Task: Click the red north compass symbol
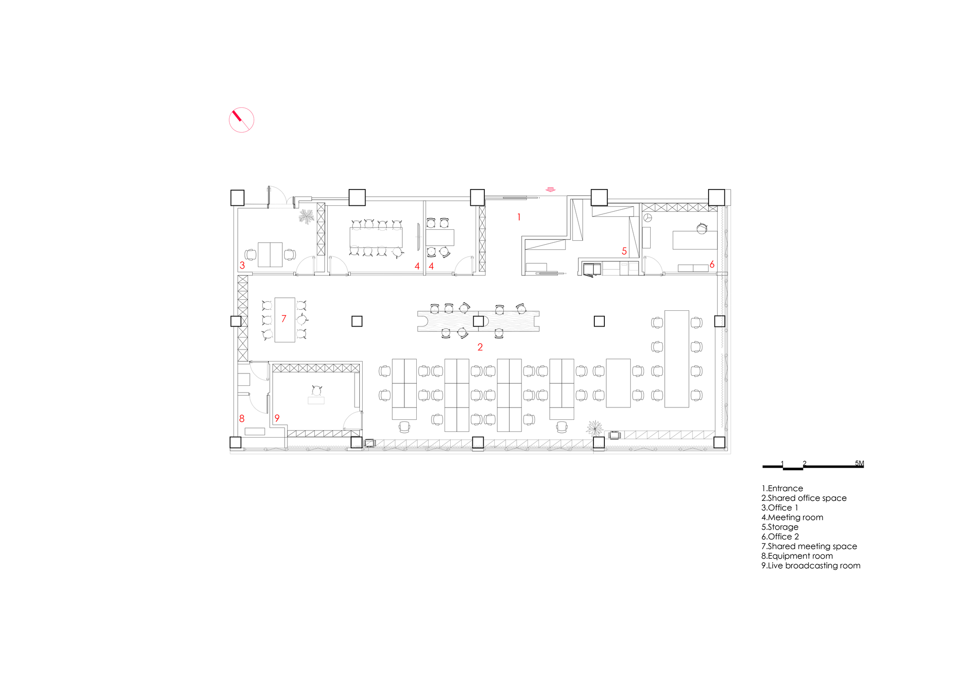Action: [241, 120]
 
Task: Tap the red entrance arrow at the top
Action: [551, 190]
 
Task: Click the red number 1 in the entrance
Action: [519, 217]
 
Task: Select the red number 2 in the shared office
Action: [480, 347]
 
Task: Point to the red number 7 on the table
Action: [284, 318]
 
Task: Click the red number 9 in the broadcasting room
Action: [277, 418]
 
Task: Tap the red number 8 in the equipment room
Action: [242, 418]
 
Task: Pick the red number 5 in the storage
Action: [624, 251]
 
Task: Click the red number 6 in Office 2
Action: [712, 264]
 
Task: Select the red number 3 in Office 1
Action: [242, 265]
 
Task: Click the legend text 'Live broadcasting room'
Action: [814, 565]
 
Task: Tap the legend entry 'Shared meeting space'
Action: [812, 546]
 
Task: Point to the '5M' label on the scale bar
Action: [859, 463]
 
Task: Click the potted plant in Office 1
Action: [306, 216]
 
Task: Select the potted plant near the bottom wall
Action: [594, 428]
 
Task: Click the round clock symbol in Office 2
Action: [647, 218]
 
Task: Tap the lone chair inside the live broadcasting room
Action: [317, 390]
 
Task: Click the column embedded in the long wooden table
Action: [478, 321]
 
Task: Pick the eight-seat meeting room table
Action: [376, 237]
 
